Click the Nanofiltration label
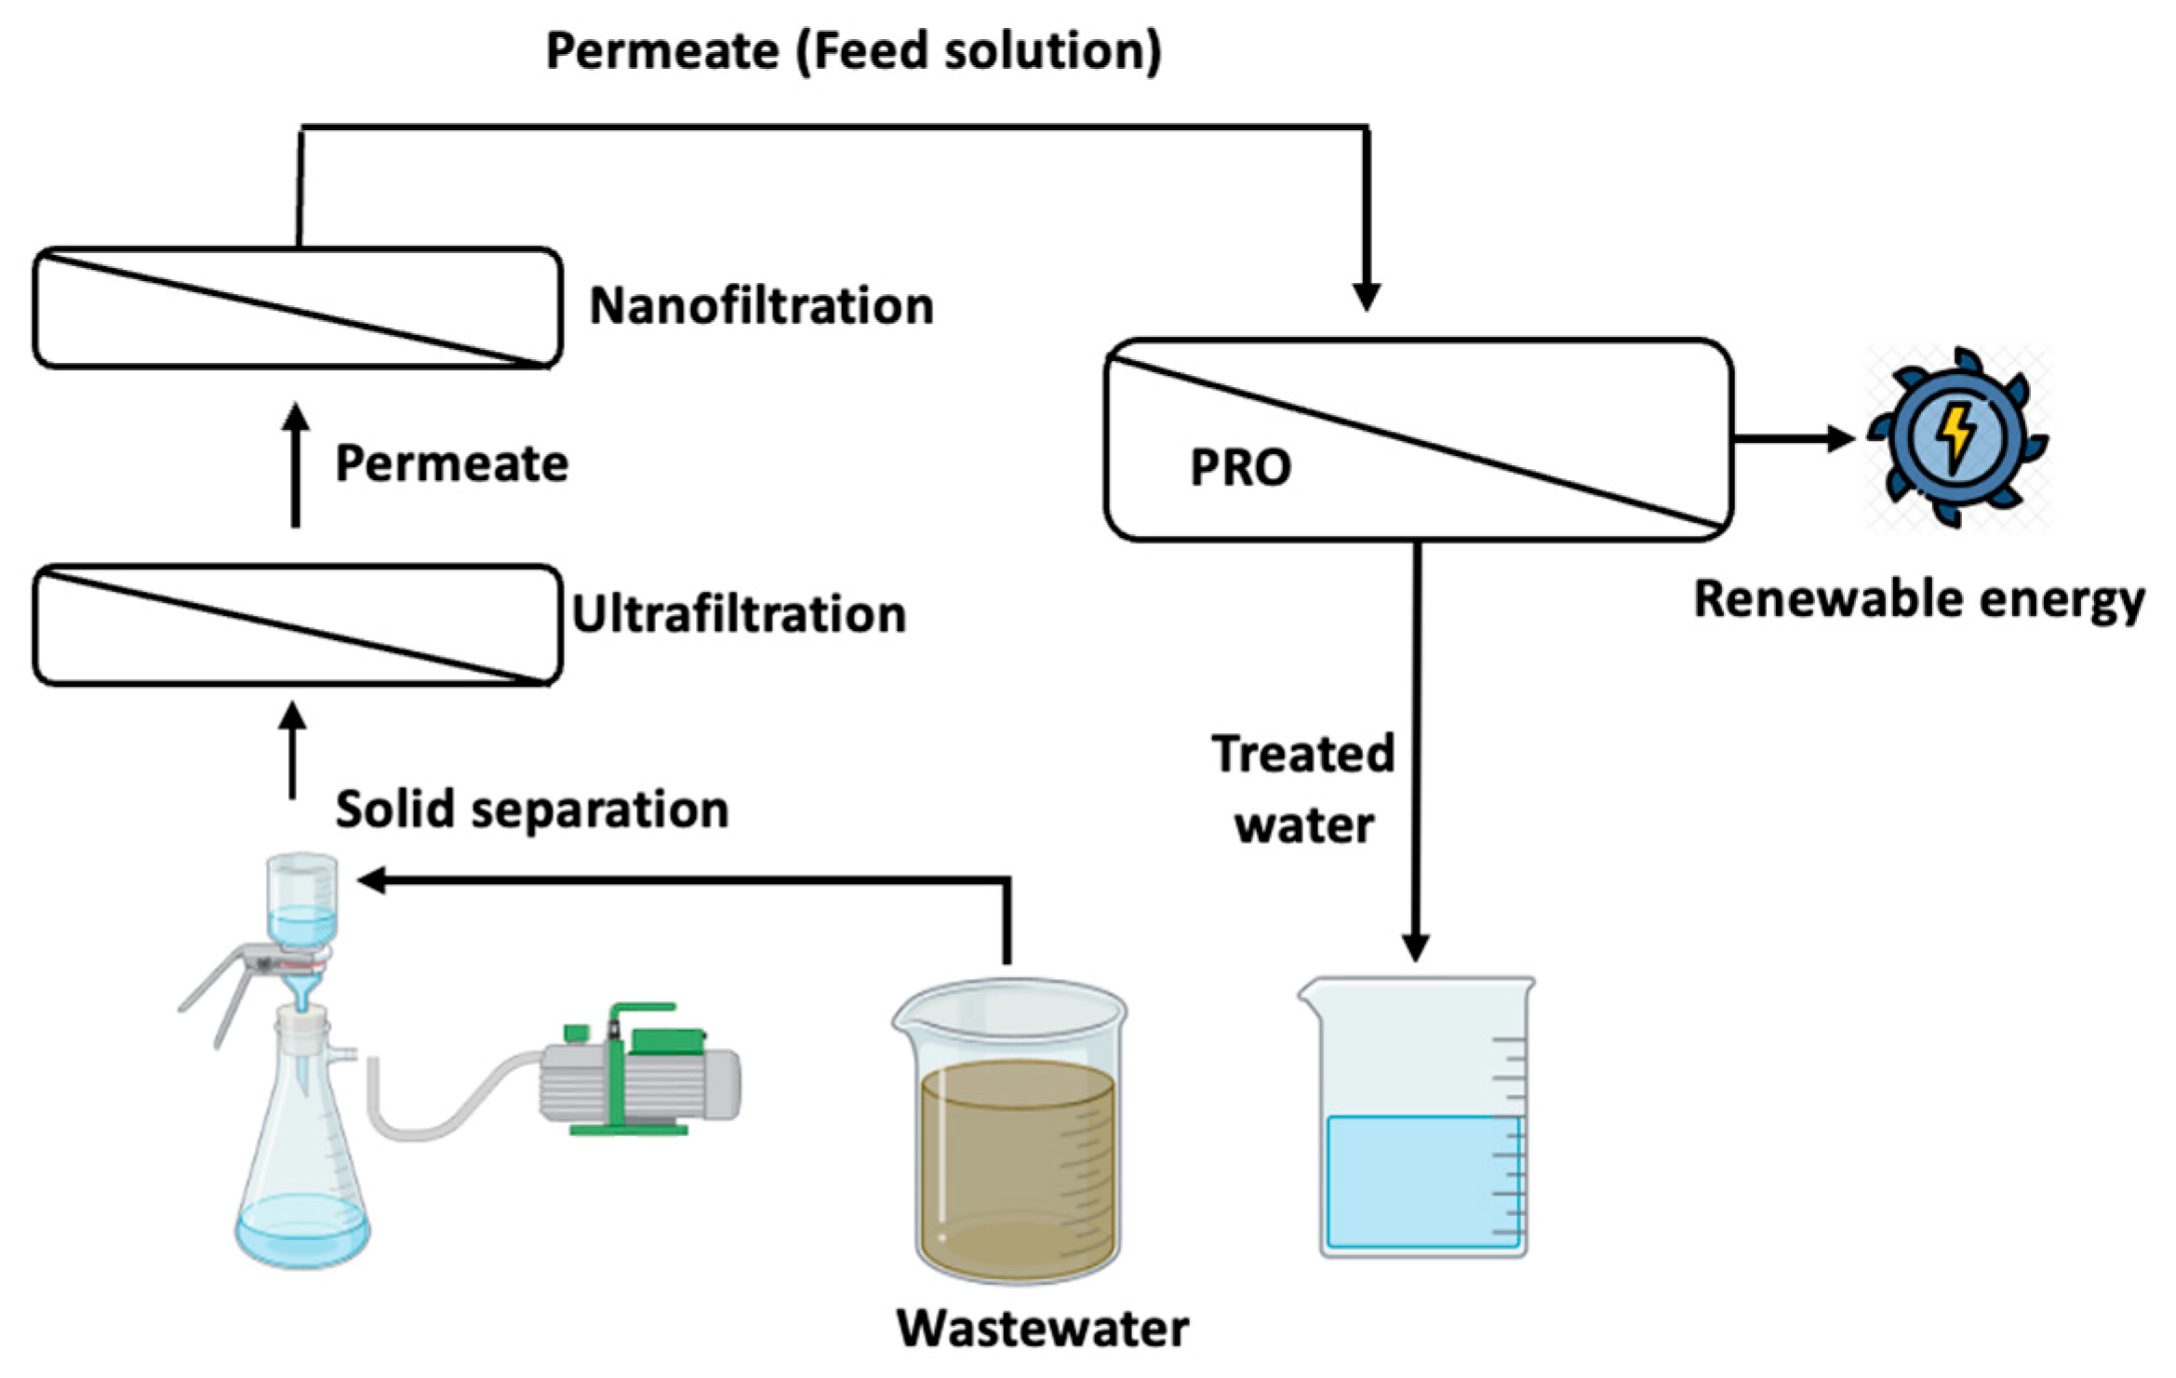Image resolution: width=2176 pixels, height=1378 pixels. pyautogui.click(x=761, y=306)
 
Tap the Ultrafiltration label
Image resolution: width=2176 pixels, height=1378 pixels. pyautogui.click(x=739, y=614)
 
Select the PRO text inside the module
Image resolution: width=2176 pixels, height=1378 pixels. pyautogui.click(x=1240, y=467)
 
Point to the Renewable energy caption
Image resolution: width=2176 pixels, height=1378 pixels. pyautogui.click(x=1919, y=599)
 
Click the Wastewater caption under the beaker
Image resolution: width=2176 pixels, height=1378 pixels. pyautogui.click(x=1042, y=1328)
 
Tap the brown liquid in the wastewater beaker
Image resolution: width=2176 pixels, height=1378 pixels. pyautogui.click(x=1016, y=1163)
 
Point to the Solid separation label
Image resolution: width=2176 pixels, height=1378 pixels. pyautogui.click(x=531, y=809)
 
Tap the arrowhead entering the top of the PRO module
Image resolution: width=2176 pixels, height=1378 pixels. pyautogui.click(x=1366, y=296)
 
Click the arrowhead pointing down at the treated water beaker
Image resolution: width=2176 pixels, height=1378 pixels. pyautogui.click(x=1415, y=947)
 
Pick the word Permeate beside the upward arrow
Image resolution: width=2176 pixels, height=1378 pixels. pyautogui.click(x=451, y=463)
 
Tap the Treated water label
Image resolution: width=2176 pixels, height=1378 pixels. pyautogui.click(x=1303, y=789)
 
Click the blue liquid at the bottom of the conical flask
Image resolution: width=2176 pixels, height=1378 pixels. pyautogui.click(x=302, y=1233)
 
